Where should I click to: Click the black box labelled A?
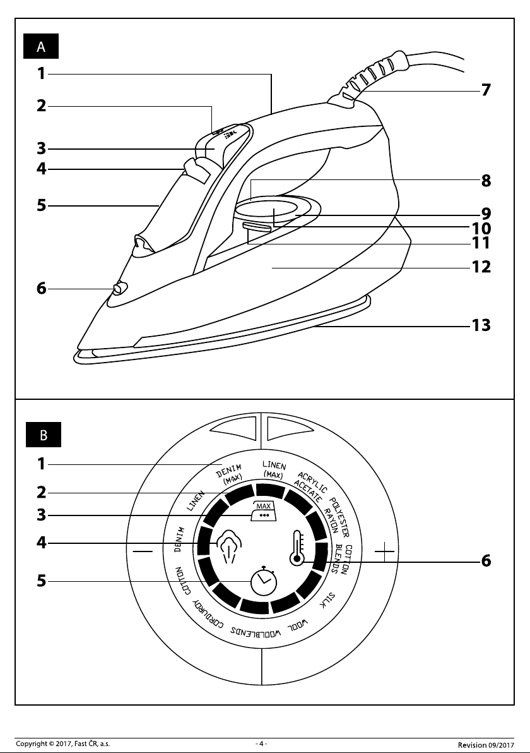(x=41, y=47)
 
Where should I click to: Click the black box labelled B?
(x=43, y=435)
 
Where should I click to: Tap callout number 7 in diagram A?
(x=486, y=90)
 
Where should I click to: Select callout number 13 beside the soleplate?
(x=481, y=325)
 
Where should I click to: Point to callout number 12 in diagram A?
(x=481, y=267)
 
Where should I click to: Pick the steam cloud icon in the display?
(x=229, y=545)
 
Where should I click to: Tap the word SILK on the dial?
(x=327, y=600)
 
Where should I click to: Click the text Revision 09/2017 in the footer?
(x=485, y=745)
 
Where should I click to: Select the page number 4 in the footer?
(x=261, y=744)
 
